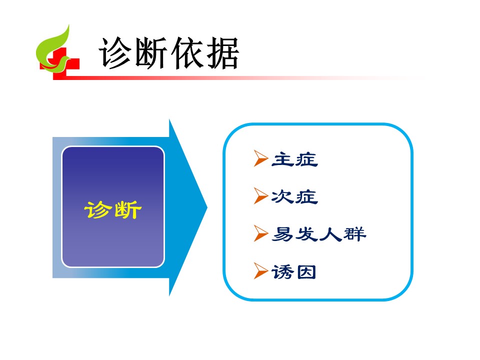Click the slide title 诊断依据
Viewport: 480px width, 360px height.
(168, 53)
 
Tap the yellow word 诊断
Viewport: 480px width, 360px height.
(113, 209)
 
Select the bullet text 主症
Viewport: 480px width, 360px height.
(294, 159)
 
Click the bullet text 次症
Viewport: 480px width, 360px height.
(294, 196)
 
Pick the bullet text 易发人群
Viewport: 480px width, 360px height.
(319, 234)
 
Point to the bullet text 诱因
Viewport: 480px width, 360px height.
(294, 272)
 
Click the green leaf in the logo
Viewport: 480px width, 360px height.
(55, 49)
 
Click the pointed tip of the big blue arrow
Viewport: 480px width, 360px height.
(207, 208)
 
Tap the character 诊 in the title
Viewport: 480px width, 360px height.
(115, 53)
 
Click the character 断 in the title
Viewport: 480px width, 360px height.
(151, 53)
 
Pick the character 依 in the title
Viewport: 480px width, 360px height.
(186, 53)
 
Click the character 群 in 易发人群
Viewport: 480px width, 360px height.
(355, 234)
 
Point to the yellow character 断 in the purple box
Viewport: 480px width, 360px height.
(127, 210)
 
